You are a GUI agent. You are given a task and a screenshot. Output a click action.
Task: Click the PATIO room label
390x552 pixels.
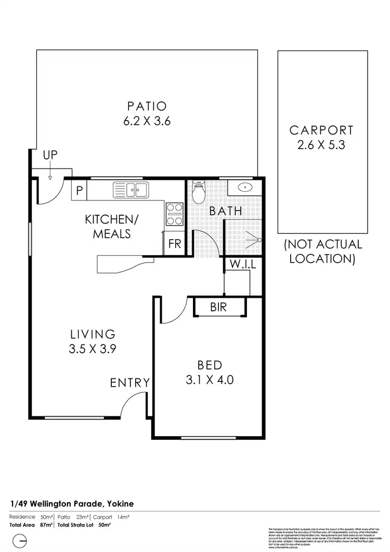(147, 107)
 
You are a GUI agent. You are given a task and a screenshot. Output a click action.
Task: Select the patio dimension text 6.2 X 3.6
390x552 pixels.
(147, 122)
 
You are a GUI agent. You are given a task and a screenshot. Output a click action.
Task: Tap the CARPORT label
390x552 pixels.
(321, 130)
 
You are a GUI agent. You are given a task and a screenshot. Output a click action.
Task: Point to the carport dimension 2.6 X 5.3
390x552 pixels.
(321, 145)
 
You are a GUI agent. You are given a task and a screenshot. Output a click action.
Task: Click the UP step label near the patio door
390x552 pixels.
(50, 154)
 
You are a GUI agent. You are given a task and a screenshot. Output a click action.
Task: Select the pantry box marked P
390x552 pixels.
(79, 191)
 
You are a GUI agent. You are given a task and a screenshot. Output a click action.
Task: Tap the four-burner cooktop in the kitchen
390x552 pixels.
(174, 214)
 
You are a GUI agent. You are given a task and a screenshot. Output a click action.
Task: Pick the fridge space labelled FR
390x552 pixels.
(175, 244)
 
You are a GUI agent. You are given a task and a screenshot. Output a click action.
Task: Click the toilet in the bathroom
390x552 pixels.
(199, 193)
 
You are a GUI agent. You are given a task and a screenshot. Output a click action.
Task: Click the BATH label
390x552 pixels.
(226, 211)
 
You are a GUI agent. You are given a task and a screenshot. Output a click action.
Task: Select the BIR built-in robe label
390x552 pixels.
(218, 307)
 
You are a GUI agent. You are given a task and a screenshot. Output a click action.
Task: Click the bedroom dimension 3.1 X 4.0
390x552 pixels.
(210, 380)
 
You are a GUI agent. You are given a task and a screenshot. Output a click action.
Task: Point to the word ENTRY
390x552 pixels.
(130, 383)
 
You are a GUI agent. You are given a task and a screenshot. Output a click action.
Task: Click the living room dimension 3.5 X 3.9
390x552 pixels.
(92, 349)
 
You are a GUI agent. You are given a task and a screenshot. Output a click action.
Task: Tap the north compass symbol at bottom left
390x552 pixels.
(19, 541)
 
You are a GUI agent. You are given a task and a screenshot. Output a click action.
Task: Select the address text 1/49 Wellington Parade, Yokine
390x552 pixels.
(72, 504)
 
